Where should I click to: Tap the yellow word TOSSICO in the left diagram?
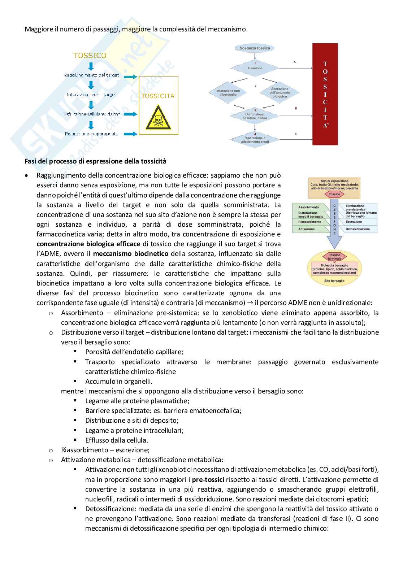point(90,56)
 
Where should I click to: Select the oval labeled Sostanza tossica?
point(255,48)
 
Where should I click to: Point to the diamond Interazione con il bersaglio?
point(228,93)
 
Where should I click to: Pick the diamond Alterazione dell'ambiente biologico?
point(279,93)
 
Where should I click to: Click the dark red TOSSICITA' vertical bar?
point(325,94)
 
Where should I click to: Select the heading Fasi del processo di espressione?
point(95,161)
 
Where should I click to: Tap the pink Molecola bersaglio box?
point(334,269)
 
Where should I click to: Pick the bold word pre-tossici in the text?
point(208,480)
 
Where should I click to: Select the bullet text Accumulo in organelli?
point(119,381)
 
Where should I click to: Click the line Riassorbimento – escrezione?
point(105,450)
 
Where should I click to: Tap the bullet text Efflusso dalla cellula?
point(117,440)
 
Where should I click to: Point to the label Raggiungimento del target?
point(91,75)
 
